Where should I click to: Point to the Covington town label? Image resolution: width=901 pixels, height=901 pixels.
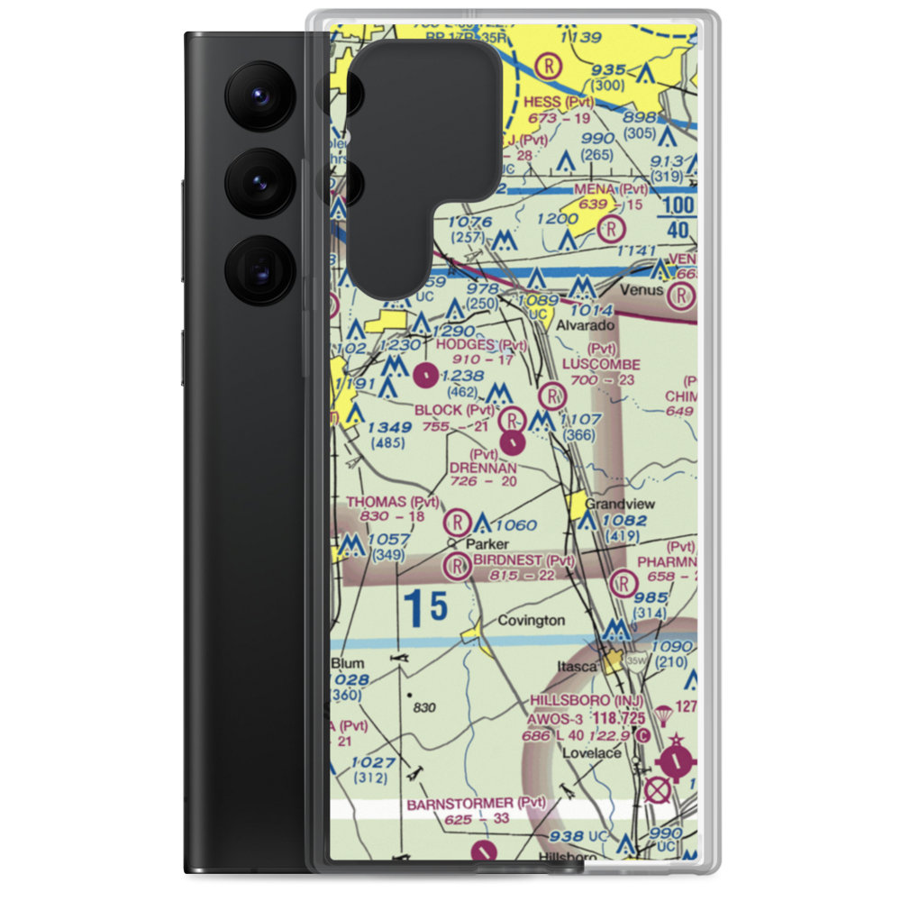[x=532, y=621]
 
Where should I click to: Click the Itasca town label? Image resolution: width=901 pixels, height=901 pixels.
[x=576, y=666]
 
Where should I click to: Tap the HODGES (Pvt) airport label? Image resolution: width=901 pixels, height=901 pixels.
[x=481, y=345]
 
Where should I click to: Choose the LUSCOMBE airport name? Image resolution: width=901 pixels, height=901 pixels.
[x=601, y=365]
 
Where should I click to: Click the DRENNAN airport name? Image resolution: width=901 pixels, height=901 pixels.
[x=485, y=469]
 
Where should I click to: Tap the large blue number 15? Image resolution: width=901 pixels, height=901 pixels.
[x=425, y=609]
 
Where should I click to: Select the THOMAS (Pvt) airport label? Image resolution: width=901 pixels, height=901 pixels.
[x=393, y=502]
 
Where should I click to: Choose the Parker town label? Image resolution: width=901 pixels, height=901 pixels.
[x=487, y=544]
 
